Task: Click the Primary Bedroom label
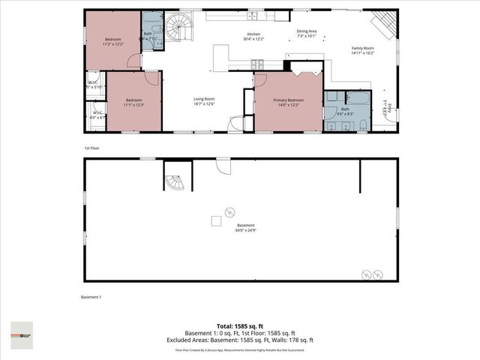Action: pos(288,102)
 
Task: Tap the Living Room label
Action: pos(204,102)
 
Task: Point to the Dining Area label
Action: pos(307,34)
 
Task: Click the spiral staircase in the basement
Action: pos(174,182)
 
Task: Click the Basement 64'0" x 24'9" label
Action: pos(246,228)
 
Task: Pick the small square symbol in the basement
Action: pos(215,220)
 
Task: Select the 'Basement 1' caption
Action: pos(91,297)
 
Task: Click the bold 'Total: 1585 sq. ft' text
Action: pos(239,325)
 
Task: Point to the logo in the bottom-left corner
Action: pos(22,331)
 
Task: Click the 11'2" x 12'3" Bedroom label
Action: pos(113,42)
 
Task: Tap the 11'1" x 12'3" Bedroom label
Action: pos(134,103)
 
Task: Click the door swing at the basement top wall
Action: pos(221,166)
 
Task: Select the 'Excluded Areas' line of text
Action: pos(239,340)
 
